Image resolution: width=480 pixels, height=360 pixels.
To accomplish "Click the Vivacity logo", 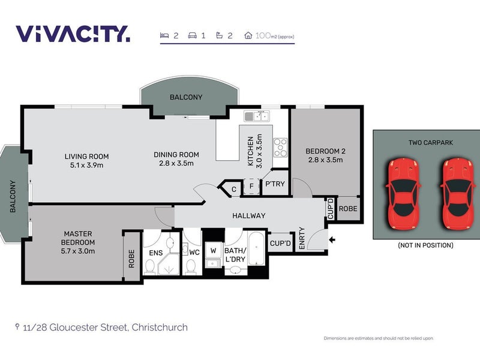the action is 73,34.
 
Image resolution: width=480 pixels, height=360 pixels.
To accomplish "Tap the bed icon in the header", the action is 164,35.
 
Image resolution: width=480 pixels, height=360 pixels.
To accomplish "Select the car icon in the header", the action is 192,36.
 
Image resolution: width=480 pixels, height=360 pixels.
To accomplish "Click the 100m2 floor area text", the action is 275,36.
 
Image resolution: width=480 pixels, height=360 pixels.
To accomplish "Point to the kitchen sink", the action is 257,116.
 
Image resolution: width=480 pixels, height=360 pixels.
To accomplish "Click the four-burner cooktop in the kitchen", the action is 280,148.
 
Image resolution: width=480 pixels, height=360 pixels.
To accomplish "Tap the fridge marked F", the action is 251,186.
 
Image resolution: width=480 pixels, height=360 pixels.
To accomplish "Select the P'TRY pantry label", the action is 275,184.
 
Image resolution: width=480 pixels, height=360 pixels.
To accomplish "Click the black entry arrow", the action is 332,239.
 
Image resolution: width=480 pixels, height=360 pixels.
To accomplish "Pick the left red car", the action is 403,193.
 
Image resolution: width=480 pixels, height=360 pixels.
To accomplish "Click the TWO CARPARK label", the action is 430,142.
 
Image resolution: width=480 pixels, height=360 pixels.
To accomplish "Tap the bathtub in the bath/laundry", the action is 256,249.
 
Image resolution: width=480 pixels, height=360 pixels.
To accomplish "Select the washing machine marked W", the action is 213,250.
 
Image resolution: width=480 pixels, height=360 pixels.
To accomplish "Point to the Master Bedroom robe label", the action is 131,259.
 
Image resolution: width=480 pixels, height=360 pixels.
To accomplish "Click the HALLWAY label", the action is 248,215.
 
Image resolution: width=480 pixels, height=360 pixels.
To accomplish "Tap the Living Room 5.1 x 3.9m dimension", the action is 86,166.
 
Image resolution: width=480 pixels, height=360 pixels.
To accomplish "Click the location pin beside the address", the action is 17,326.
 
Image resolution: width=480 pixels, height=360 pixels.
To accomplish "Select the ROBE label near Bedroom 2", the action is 348,208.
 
